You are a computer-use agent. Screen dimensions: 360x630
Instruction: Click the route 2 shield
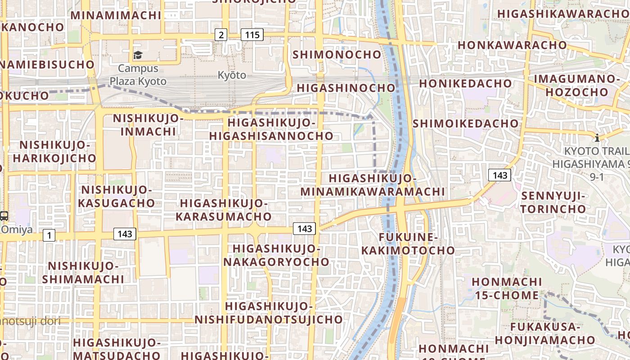tap(220, 34)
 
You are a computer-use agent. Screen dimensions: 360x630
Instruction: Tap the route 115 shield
tap(252, 34)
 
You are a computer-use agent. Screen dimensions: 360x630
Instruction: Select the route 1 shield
tap(49, 234)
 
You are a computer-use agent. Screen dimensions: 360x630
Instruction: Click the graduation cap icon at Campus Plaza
tap(138, 55)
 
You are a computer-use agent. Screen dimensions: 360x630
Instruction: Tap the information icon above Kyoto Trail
tap(597, 138)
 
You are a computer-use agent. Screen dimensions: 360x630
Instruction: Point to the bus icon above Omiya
tap(4, 216)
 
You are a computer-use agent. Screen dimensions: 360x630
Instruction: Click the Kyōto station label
tap(232, 75)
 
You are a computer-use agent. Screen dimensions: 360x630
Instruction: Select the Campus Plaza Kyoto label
tap(138, 75)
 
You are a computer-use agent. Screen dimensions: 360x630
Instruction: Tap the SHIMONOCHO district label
tap(337, 55)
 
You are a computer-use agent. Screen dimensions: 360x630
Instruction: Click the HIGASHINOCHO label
tap(346, 88)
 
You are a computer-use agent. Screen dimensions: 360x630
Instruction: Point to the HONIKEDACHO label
tap(466, 84)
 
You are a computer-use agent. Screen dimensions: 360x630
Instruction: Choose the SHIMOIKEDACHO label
tap(466, 123)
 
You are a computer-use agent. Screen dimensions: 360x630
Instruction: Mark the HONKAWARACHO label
tap(512, 45)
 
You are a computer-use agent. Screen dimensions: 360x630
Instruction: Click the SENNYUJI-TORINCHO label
tap(553, 202)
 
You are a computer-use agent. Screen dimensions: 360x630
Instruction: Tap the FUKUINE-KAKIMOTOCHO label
tap(408, 243)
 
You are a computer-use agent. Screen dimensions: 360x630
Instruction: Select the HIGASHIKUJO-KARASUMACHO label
tap(224, 210)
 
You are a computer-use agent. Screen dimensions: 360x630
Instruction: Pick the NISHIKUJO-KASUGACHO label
tap(117, 196)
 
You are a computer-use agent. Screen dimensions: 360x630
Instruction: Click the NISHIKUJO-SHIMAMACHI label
tap(83, 272)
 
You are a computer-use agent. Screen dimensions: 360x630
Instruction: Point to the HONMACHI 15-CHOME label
tap(507, 288)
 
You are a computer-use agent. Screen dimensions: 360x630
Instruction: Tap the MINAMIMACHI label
tap(116, 15)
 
